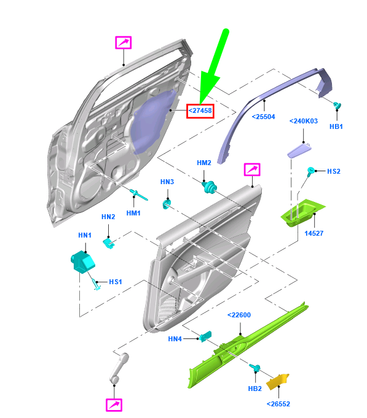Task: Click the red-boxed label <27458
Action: pos(200,110)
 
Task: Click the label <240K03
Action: pos(303,122)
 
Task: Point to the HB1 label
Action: pos(336,126)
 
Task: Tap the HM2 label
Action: pos(204,163)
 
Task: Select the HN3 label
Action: pos(167,182)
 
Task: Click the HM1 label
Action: pos(133,212)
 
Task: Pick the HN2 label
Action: pos(108,217)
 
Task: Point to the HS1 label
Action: pos(116,282)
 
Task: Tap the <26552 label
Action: pos(278,403)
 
